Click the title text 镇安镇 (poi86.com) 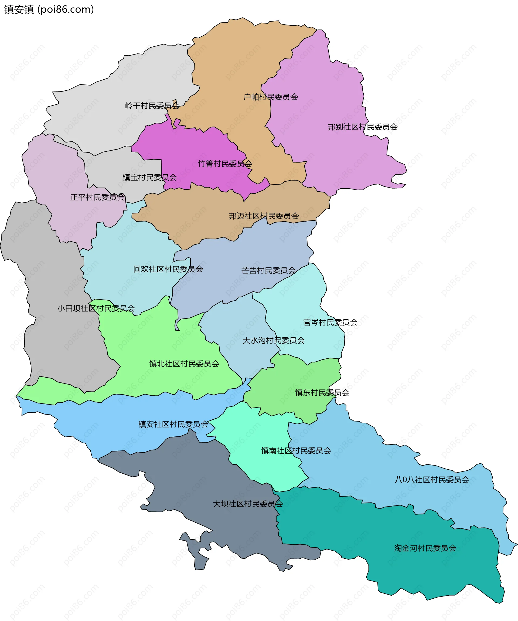tap(49, 10)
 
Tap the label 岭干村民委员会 tap(152, 106)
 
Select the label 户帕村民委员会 tap(270, 97)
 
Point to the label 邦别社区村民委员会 tap(363, 127)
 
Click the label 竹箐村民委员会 tap(225, 164)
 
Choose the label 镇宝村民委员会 tap(150, 177)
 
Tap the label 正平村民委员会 tap(97, 197)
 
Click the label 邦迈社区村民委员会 tap(264, 216)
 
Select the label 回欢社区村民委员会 tap(168, 269)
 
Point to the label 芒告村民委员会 tap(268, 270)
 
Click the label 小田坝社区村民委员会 tap(96, 308)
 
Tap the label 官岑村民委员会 tap(330, 322)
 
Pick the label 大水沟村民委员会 tap(274, 340)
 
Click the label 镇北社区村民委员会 tap(184, 364)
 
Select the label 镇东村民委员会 tap(322, 392)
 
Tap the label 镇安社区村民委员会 tap(173, 424)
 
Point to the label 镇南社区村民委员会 tap(296, 450)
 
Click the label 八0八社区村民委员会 tap(432, 479)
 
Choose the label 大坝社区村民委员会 tap(248, 504)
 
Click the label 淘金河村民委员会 tap(425, 548)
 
